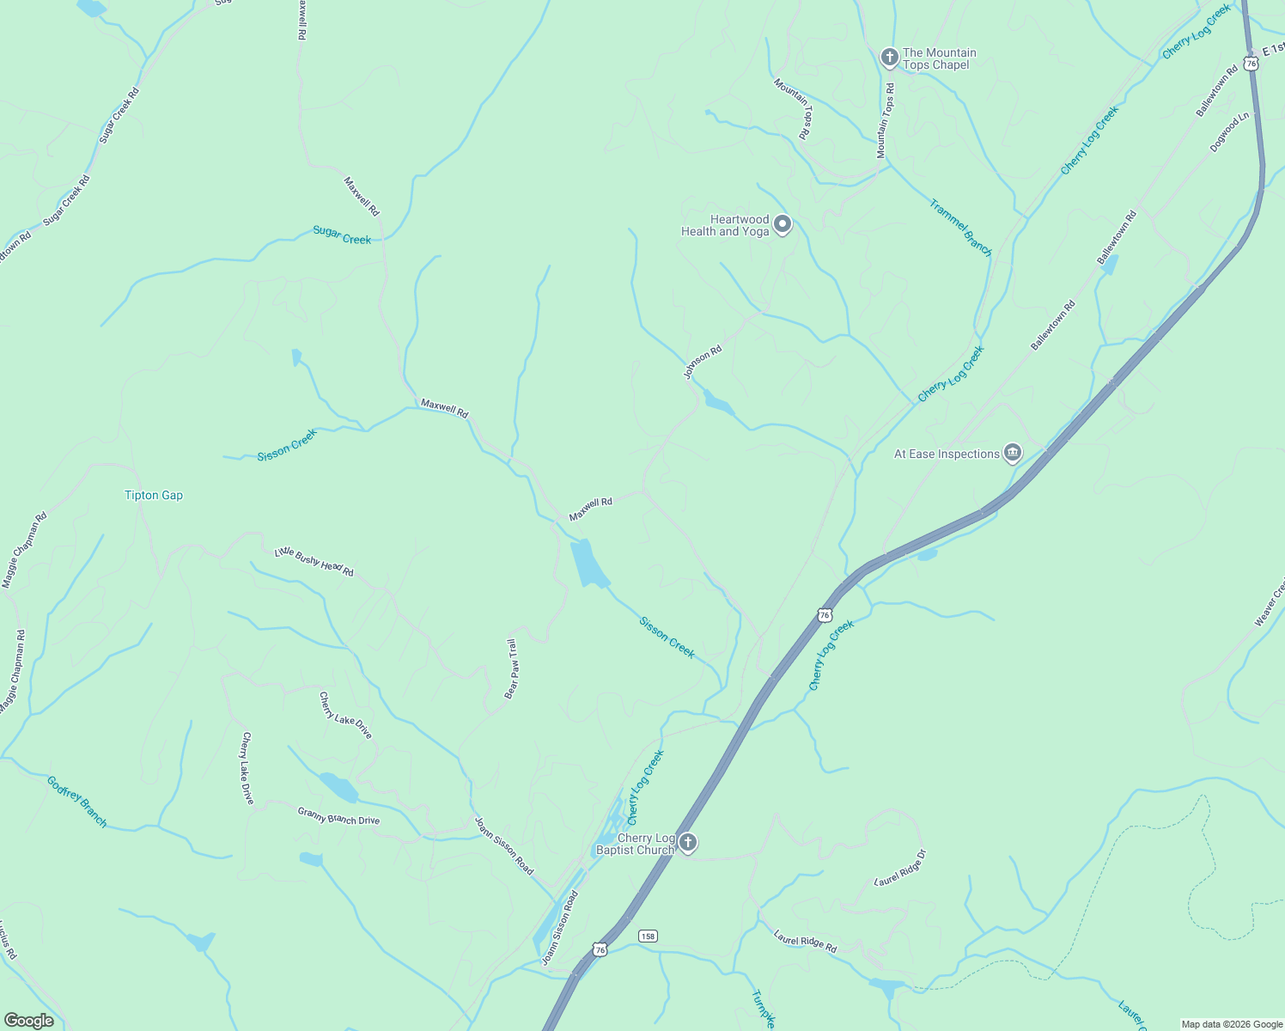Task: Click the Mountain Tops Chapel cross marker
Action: [x=889, y=58]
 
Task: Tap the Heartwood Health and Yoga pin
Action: [x=782, y=224]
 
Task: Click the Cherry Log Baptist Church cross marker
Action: [x=687, y=843]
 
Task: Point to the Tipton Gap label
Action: [x=154, y=495]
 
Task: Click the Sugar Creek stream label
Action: [x=342, y=235]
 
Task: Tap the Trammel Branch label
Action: [x=960, y=228]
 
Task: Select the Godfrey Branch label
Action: [x=77, y=802]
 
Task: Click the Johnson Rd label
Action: [x=703, y=362]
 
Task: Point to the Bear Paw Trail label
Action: [x=511, y=668]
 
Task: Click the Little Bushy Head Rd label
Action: [x=314, y=562]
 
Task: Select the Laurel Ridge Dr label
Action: [x=900, y=868]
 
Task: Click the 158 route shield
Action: [x=648, y=936]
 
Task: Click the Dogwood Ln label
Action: [x=1230, y=132]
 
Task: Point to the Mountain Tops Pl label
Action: [x=792, y=108]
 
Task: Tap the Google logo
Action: [x=28, y=1021]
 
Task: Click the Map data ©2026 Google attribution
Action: [x=1231, y=1024]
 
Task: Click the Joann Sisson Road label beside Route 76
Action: [x=559, y=928]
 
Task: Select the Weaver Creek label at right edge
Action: [x=1270, y=601]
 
